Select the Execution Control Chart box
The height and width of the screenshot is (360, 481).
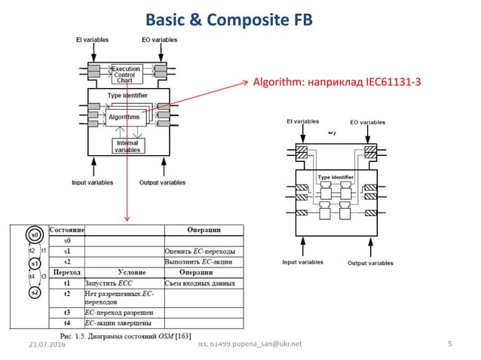point(127,74)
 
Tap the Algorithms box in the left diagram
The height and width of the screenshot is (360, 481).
point(124,117)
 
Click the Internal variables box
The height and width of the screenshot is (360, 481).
point(127,146)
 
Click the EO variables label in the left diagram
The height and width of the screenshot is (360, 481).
point(159,39)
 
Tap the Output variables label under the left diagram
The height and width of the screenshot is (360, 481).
point(162,182)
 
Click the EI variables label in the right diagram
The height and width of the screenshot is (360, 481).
point(301,121)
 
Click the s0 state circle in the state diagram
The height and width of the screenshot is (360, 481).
point(34,235)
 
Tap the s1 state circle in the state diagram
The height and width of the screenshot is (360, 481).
point(34,264)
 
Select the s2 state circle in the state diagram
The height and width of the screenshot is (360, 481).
point(34,293)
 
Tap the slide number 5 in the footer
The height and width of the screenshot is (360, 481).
point(449,343)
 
